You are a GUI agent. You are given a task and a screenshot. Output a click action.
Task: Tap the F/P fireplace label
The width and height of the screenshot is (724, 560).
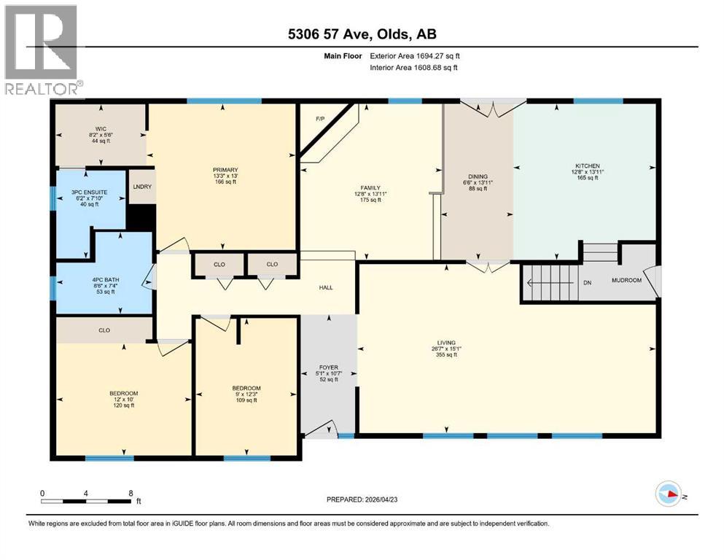coord(319,119)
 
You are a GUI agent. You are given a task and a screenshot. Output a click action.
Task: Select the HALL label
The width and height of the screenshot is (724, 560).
coord(326,287)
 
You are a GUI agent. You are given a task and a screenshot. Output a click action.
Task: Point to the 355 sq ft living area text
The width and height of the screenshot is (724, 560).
coord(446,355)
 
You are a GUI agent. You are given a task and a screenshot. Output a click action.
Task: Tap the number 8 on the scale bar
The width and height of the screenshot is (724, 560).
coord(130,493)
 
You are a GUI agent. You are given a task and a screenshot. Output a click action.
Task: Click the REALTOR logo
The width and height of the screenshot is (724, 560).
coord(42,50)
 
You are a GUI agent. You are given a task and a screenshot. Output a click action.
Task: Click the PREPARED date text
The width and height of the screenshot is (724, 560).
coord(364,499)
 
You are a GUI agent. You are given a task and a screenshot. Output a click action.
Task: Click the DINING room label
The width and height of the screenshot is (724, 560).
coord(478,176)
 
